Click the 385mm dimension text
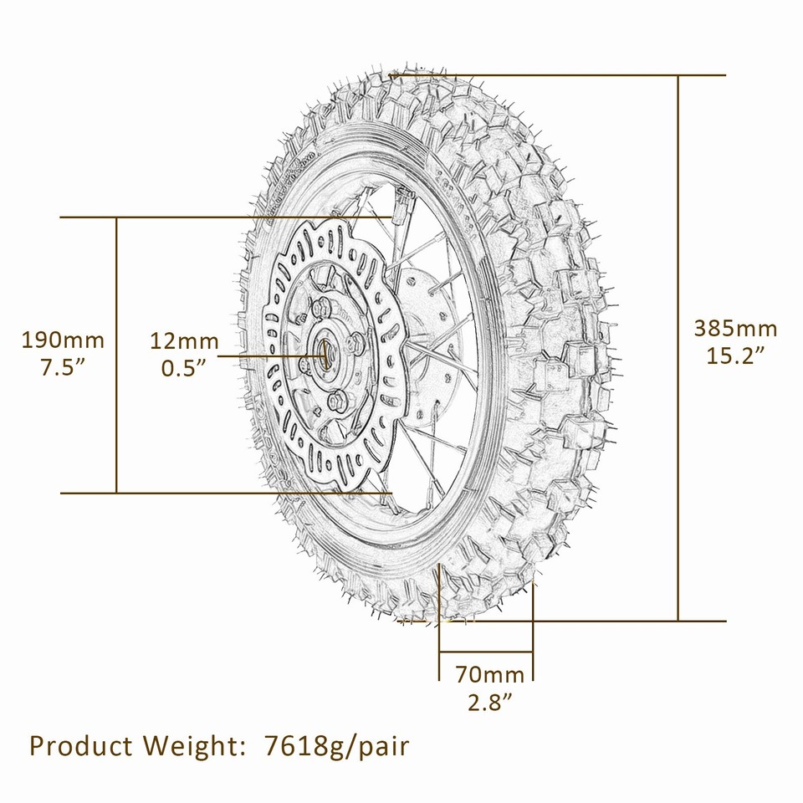(735, 328)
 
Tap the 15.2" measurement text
(735, 355)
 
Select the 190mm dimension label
(63, 340)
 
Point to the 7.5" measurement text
(63, 368)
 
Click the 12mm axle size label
(184, 340)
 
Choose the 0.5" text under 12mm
(184, 368)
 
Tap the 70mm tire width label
(489, 674)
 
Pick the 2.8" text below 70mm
(489, 702)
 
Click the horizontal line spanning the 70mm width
(486, 651)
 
